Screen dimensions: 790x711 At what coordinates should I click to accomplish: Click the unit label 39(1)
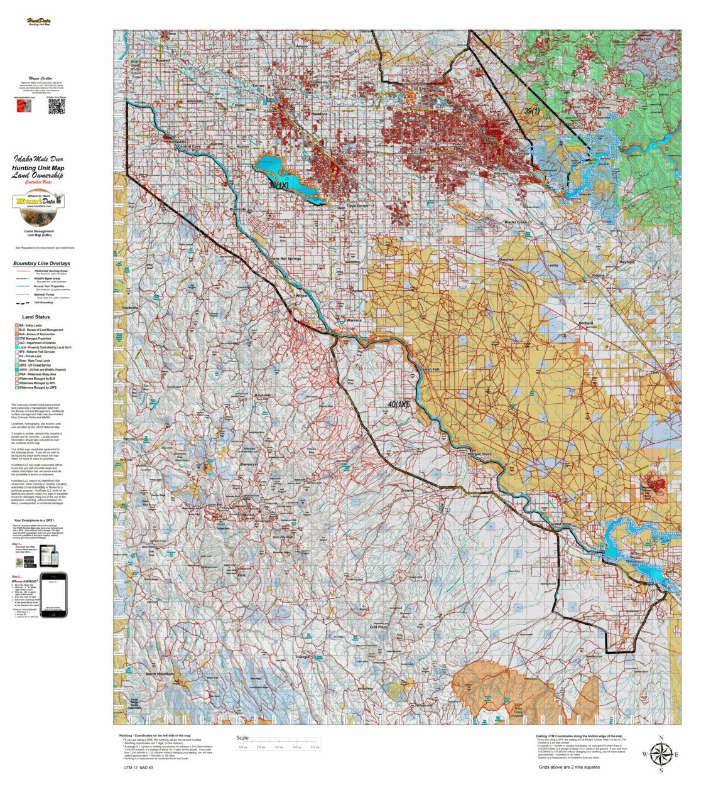point(531,111)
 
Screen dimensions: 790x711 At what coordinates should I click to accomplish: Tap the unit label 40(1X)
point(398,404)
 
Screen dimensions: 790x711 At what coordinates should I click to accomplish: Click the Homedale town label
point(178,142)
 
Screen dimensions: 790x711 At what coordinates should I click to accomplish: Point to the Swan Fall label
point(430,369)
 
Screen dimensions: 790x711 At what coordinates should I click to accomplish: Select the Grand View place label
point(560,524)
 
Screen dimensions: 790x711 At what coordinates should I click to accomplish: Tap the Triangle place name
point(302,657)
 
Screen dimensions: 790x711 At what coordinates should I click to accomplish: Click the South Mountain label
point(160,674)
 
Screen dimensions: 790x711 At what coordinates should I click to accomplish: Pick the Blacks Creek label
point(516,222)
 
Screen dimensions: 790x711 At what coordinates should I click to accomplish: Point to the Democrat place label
point(249,464)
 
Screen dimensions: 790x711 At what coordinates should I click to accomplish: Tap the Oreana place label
point(407,490)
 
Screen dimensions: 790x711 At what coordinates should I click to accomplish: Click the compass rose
point(660,754)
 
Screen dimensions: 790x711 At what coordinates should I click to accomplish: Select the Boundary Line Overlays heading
point(41,263)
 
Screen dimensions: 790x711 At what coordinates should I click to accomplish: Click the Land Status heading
point(36,317)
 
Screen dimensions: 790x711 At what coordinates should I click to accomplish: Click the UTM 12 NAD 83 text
point(138,767)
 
